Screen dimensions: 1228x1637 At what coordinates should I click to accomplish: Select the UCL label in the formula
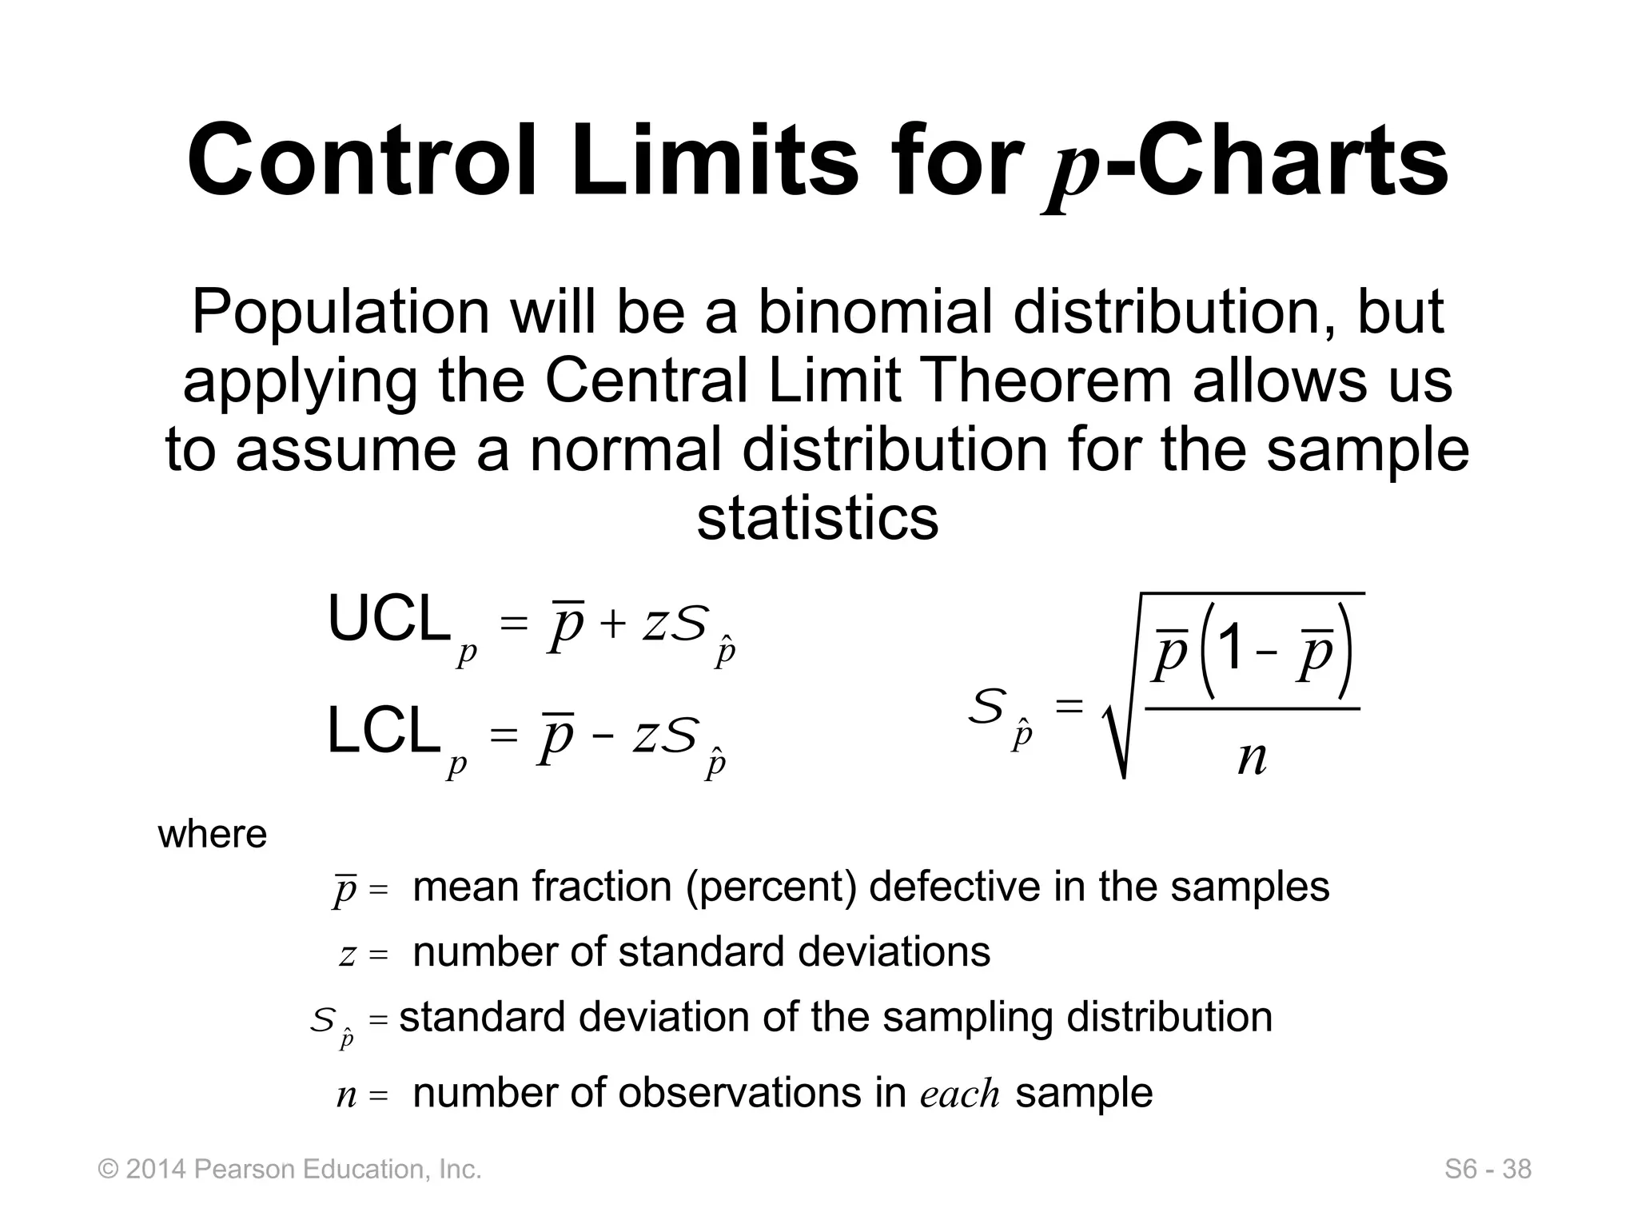pyautogui.click(x=388, y=620)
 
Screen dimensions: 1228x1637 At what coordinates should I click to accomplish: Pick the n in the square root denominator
pyautogui.click(x=1252, y=758)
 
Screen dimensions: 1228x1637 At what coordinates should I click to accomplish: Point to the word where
pyautogui.click(x=213, y=835)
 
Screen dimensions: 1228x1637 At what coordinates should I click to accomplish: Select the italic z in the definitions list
pyautogui.click(x=347, y=955)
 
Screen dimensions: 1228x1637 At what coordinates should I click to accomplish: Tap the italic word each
pyautogui.click(x=959, y=1094)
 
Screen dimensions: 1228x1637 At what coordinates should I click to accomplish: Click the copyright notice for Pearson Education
pyautogui.click(x=289, y=1170)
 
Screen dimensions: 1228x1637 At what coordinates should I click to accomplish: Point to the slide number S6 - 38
pyautogui.click(x=1488, y=1170)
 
